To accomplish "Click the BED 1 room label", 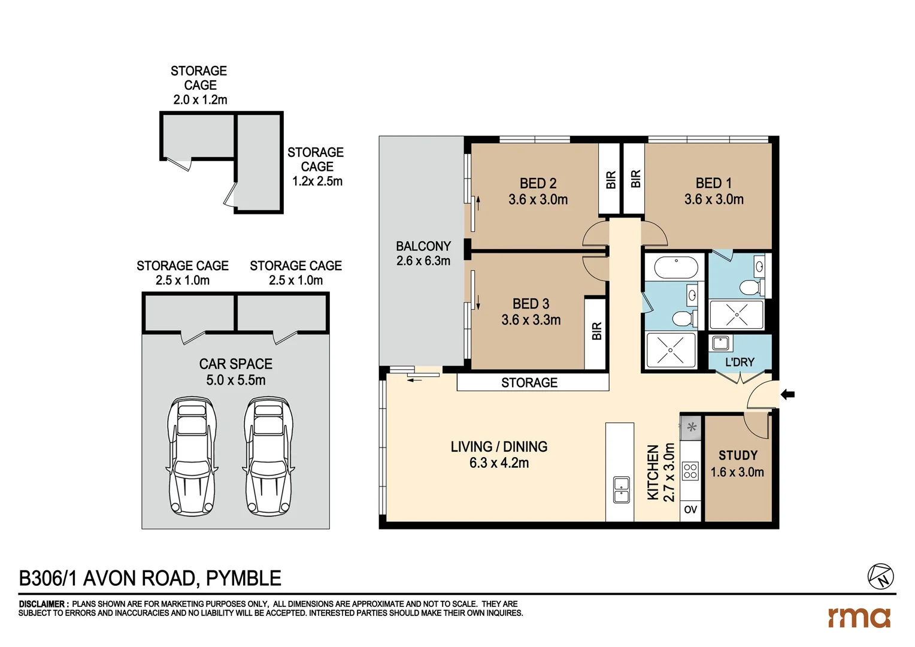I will (x=713, y=183).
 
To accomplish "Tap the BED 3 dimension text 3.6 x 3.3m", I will (x=531, y=321).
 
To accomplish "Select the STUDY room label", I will (x=738, y=455).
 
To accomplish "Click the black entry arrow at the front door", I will (x=787, y=394).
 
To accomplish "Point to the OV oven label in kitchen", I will (x=690, y=510).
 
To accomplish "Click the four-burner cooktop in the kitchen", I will (x=690, y=471).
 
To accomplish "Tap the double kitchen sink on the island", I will (x=621, y=489).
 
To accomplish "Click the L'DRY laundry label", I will (x=740, y=362).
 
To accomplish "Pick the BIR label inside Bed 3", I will (x=596, y=331).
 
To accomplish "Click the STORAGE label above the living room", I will (x=529, y=383).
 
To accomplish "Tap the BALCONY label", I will (x=423, y=246).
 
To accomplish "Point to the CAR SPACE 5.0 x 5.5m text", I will (x=236, y=372).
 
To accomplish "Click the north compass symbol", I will (x=880, y=576).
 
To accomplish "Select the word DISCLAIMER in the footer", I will (x=43, y=604).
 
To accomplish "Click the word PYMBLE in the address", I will (x=244, y=579).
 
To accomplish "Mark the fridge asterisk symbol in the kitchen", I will (x=692, y=428).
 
